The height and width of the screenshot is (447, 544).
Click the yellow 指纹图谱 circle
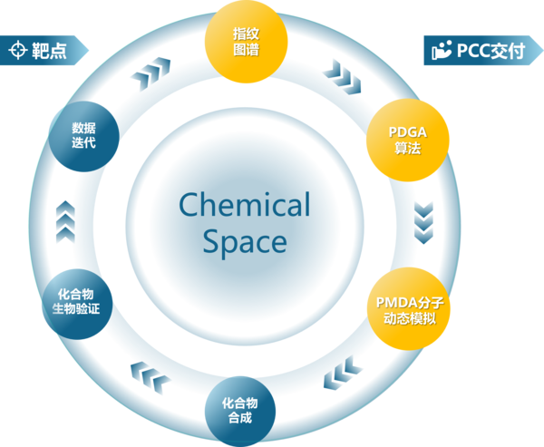point(246,42)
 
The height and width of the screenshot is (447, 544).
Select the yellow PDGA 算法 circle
point(408,140)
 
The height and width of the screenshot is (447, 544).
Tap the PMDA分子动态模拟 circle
point(409,308)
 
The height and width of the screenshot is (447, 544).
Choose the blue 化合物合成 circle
point(240,412)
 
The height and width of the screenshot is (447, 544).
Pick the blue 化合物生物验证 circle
point(77,304)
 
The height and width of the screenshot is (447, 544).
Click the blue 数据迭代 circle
point(84,136)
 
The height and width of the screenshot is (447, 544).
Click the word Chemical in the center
point(245,204)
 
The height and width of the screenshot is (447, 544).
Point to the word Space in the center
point(245,242)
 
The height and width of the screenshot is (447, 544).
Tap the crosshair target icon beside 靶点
point(18,50)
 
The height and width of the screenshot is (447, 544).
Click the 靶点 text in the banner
point(49,51)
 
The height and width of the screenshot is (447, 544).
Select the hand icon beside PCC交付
point(442,50)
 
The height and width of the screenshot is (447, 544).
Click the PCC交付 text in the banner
point(491,51)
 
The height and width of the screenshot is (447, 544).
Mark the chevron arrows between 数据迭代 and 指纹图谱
point(151,73)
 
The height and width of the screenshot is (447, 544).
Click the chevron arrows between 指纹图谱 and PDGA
point(343,77)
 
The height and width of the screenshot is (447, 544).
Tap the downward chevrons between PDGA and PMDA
point(423,223)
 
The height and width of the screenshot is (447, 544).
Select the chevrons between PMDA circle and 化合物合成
point(343,373)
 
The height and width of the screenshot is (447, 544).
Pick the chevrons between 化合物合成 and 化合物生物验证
point(151,377)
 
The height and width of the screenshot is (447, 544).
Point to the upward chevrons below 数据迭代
point(65,222)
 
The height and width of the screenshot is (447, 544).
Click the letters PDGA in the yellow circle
point(408,132)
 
